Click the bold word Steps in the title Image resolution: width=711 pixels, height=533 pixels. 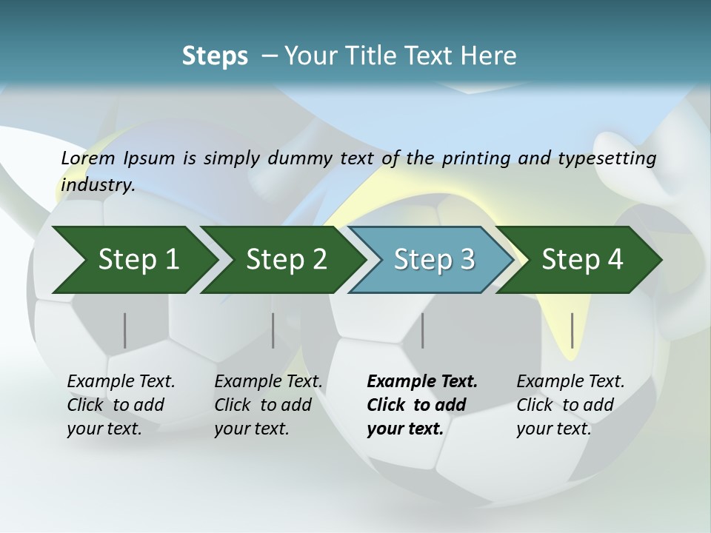(x=215, y=56)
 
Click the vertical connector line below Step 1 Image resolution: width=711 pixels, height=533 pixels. (x=125, y=330)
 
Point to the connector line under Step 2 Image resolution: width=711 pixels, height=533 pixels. (x=273, y=330)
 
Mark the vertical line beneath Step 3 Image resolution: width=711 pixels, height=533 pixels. (x=423, y=330)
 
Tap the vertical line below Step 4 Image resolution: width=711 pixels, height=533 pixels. (x=573, y=330)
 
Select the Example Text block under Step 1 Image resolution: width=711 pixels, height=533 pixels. (x=121, y=405)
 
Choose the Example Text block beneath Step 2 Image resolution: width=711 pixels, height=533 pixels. (x=268, y=405)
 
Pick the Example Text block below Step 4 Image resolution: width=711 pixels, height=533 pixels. (x=570, y=405)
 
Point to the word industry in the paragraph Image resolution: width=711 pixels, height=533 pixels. (x=98, y=184)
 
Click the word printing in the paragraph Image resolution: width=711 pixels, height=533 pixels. (x=473, y=158)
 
